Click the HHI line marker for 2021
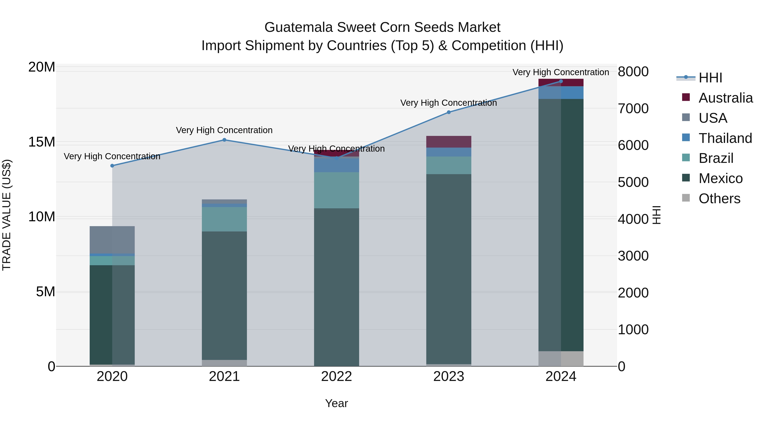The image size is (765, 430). tap(224, 140)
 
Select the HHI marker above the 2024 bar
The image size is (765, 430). tap(561, 81)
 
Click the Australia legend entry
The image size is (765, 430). tap(725, 98)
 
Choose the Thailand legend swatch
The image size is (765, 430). tap(686, 138)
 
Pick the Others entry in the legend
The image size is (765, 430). tap(719, 199)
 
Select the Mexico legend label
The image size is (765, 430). tap(720, 178)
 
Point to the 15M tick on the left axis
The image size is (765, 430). tap(42, 142)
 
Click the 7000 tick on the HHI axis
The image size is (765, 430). tap(633, 109)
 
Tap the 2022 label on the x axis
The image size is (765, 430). tap(336, 376)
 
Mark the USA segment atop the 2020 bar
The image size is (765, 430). tap(112, 240)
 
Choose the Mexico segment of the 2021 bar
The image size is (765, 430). tap(224, 295)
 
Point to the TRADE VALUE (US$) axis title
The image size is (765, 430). tap(7, 215)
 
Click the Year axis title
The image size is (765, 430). tap(336, 403)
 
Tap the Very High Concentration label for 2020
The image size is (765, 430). tap(112, 156)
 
